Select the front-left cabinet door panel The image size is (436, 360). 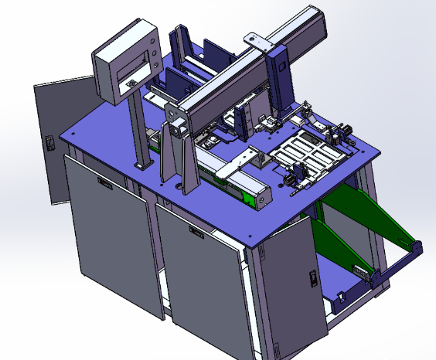[108, 232]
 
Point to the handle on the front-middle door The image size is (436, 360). [195, 232]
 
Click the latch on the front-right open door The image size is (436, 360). [312, 277]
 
